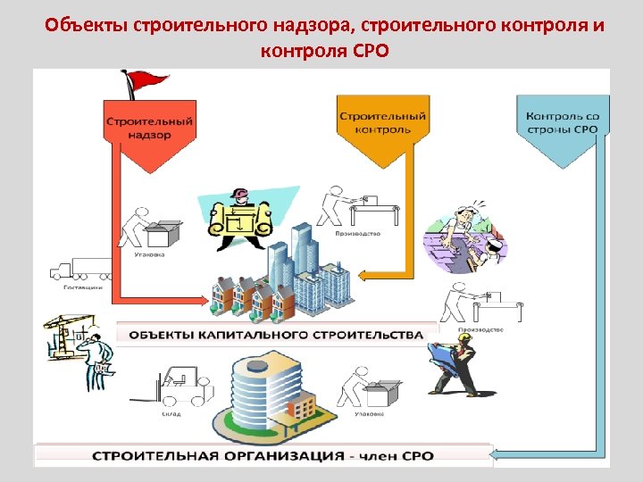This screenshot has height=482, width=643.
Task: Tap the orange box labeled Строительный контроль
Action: coord(381,125)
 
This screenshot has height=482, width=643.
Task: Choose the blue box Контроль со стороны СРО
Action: coord(562,125)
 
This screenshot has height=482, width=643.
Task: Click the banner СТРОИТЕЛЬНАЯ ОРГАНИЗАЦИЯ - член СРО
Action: coord(263,455)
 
